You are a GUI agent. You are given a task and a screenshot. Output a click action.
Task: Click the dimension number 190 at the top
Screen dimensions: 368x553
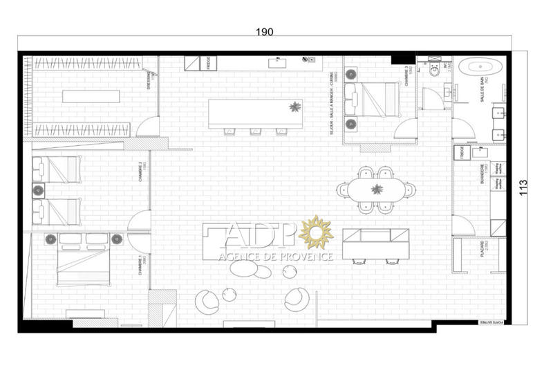[264, 32]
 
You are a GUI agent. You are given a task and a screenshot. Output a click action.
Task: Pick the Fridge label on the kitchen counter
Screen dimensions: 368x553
[208, 62]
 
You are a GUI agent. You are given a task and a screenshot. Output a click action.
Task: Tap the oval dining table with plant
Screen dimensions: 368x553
[376, 190]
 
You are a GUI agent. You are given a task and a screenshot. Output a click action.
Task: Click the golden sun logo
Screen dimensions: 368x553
[317, 232]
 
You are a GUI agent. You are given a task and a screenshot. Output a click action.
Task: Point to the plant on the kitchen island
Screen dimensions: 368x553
[296, 107]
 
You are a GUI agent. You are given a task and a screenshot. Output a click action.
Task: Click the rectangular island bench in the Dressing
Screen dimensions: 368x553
[91, 95]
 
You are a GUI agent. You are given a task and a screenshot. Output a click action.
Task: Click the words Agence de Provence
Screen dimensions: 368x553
[276, 257]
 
